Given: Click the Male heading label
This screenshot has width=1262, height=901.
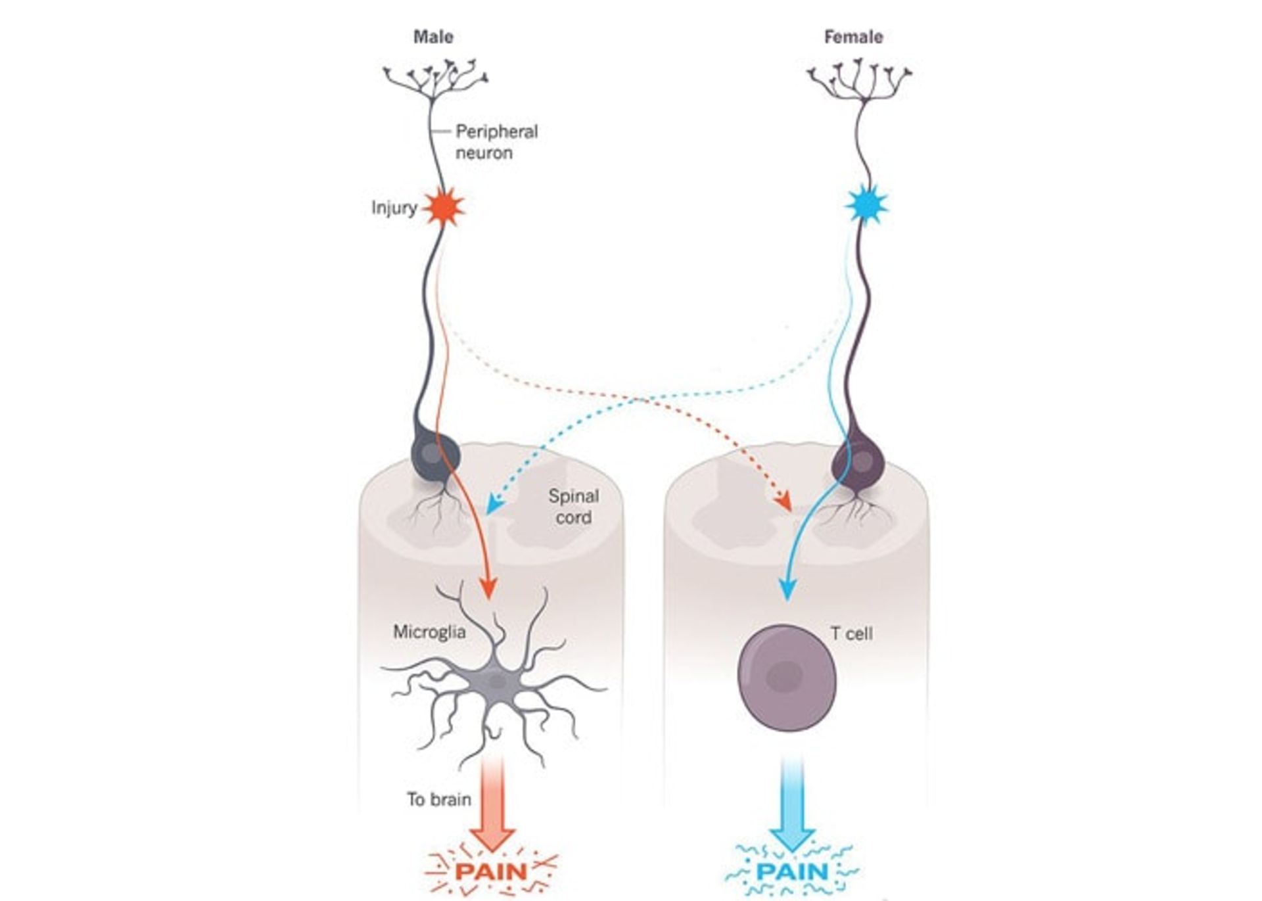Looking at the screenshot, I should coord(433,37).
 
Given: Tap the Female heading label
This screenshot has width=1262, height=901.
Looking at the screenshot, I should coord(853,37).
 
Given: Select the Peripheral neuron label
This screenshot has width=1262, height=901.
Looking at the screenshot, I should coord(496,142).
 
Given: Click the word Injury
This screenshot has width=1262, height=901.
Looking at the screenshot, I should coord(394,208).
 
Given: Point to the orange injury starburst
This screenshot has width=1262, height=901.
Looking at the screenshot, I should coord(444,207).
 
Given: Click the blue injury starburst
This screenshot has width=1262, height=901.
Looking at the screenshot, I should coord(866,206).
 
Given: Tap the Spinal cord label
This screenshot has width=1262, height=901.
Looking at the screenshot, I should coord(573,507).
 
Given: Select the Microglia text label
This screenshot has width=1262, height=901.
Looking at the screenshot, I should coord(429,632).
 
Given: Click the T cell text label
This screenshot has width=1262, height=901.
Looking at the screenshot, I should coord(851,634).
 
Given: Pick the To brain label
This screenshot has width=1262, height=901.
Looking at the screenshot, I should coord(438,799).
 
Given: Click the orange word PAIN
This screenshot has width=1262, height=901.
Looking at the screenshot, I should coord(492,872).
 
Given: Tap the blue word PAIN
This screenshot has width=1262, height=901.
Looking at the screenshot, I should coord(792,872).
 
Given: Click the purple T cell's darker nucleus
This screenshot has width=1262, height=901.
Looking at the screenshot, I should coord(785,675).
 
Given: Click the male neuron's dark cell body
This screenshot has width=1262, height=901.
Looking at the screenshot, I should coord(434,454).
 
